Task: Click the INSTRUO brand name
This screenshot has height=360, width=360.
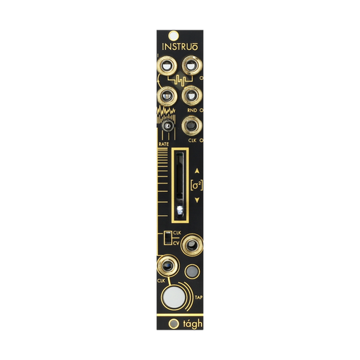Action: (180, 46)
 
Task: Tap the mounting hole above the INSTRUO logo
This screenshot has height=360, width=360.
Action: (174, 36)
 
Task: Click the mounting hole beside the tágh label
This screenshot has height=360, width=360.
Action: (174, 323)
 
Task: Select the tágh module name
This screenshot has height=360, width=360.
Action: (193, 324)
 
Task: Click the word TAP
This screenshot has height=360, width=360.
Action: (199, 297)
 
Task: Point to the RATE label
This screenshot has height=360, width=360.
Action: (164, 144)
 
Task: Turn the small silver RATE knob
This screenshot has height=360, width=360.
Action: (168, 126)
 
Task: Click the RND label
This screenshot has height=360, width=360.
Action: (192, 110)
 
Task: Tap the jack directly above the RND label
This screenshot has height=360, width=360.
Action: (192, 96)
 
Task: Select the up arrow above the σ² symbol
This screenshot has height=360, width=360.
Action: (197, 171)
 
